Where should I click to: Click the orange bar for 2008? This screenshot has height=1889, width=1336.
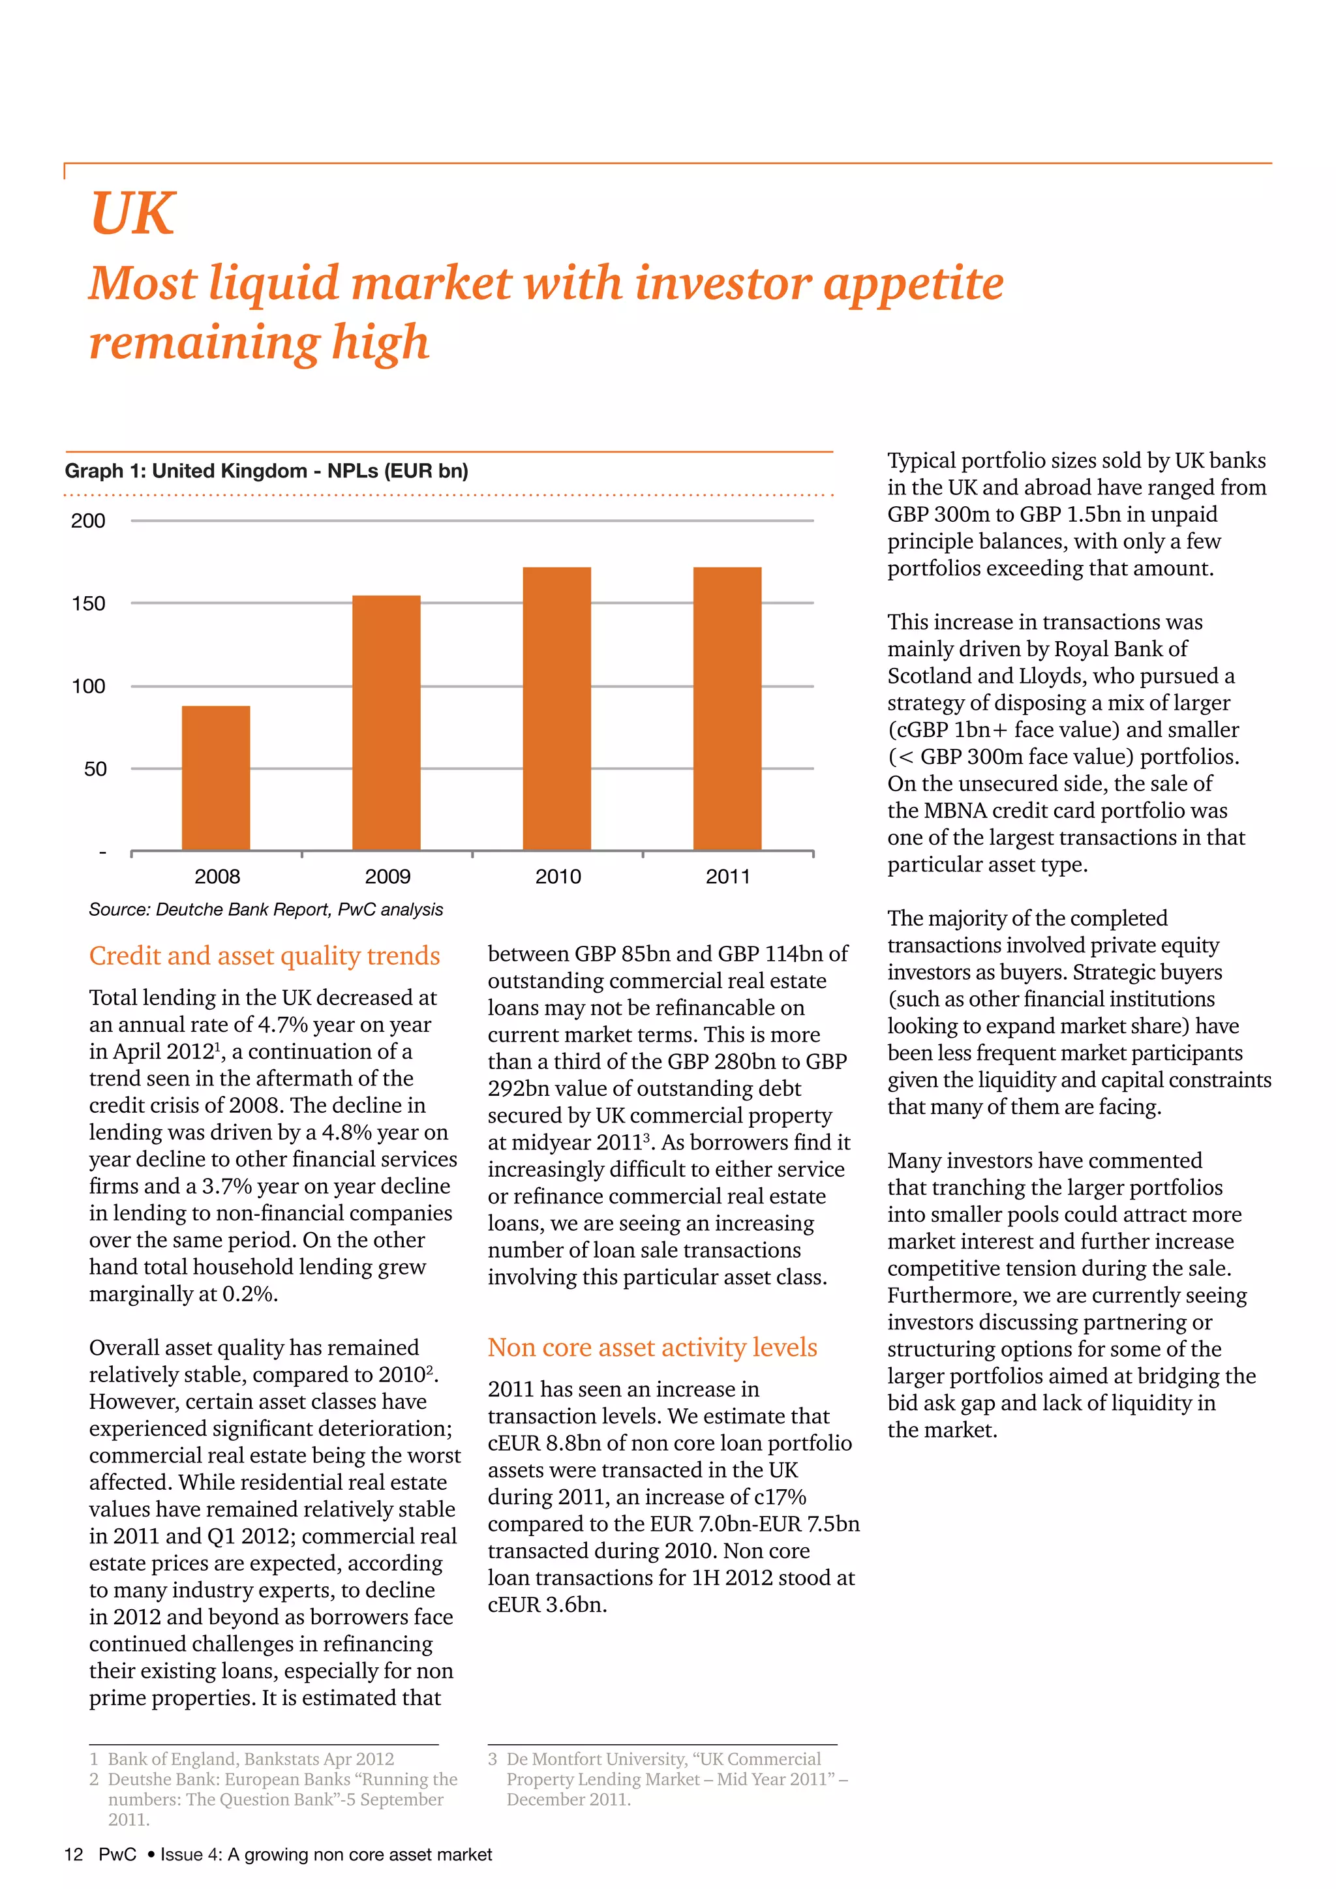215,778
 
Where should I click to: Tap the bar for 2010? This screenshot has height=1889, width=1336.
557,708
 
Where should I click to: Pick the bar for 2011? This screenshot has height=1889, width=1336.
727,708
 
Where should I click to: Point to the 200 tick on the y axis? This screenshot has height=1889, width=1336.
88,521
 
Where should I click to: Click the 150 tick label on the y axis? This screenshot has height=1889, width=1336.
88,604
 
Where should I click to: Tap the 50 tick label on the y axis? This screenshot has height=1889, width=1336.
95,769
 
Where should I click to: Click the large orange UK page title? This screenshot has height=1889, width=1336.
132,213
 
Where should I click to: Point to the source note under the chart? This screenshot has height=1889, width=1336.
266,909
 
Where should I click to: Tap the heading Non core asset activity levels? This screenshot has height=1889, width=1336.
652,1347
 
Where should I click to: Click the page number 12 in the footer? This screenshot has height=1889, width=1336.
73,1854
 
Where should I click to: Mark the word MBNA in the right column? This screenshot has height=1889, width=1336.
955,810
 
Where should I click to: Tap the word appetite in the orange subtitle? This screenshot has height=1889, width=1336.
913,283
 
